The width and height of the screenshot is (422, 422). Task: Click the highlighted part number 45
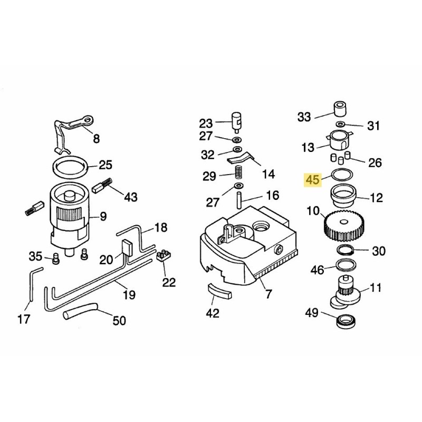(x=313, y=179)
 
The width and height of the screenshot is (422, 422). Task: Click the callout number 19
(x=129, y=294)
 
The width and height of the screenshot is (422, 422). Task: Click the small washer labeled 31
(x=341, y=124)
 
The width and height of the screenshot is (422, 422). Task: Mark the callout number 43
(x=130, y=197)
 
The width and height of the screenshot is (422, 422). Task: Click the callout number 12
(x=377, y=198)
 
